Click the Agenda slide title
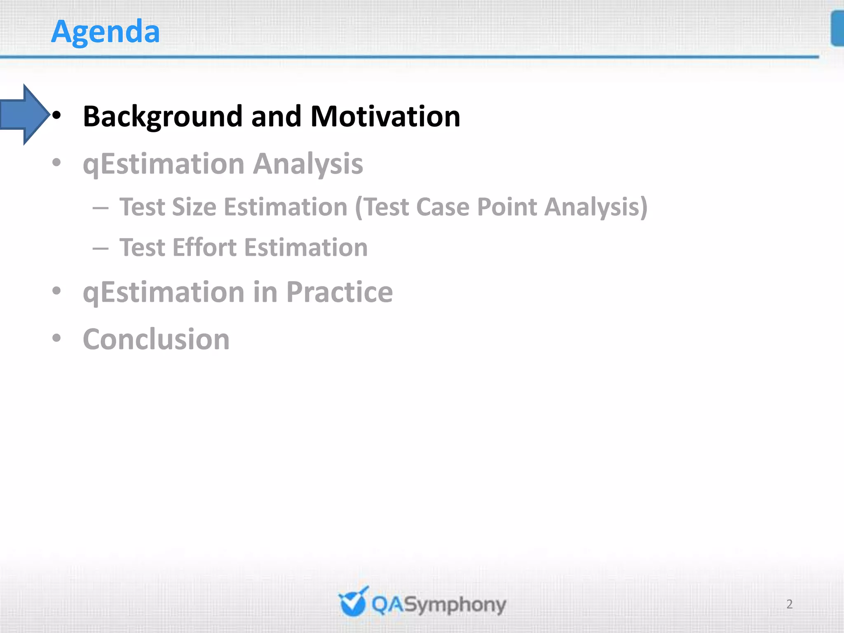click(105, 32)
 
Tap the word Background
click(163, 117)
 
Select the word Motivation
click(385, 117)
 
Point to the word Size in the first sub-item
click(194, 207)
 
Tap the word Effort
click(204, 248)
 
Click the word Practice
click(339, 292)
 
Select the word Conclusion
click(156, 340)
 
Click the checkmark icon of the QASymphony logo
click(353, 603)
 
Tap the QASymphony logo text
click(438, 605)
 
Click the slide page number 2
click(789, 604)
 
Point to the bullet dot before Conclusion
click(57, 338)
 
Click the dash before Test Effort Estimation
click(101, 249)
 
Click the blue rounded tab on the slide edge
click(837, 29)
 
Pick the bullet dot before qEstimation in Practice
click(57, 291)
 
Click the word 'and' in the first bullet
click(276, 117)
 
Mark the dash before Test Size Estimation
click(101, 208)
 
